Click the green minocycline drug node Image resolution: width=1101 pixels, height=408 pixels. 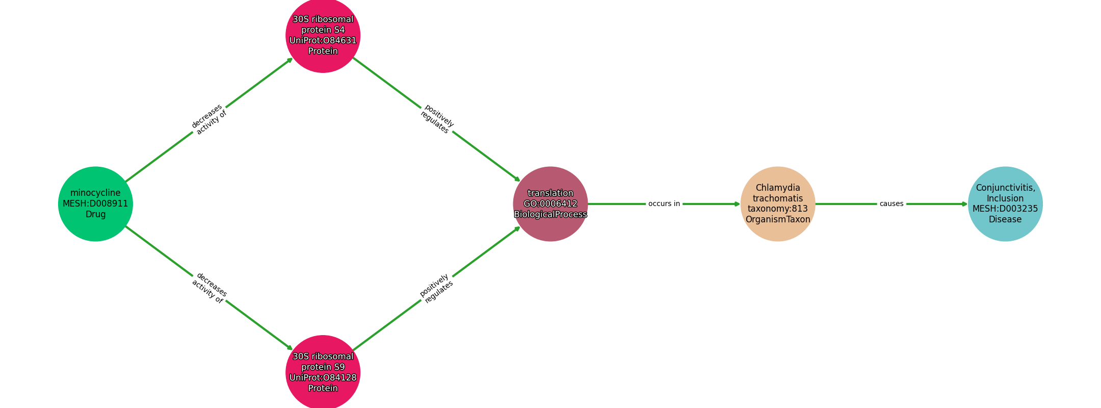click(95, 204)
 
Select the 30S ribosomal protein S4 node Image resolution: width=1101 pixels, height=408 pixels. click(323, 35)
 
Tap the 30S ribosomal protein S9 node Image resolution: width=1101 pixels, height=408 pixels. click(323, 372)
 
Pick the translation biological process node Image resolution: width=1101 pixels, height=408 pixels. click(550, 204)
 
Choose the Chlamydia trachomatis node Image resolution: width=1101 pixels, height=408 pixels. click(778, 204)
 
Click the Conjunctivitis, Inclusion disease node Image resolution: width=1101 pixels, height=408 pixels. click(1005, 204)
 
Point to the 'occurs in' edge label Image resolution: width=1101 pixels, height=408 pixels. click(664, 204)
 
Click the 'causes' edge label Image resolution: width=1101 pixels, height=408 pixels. click(892, 204)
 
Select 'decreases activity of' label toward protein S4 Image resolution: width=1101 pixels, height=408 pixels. click(209, 119)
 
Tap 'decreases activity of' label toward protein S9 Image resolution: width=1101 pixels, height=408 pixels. click(209, 288)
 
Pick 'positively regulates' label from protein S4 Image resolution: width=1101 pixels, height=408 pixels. click(437, 119)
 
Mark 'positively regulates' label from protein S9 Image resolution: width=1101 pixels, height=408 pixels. click(436, 288)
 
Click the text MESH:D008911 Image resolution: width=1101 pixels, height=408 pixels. click(95, 204)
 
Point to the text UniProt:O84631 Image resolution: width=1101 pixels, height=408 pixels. click(323, 41)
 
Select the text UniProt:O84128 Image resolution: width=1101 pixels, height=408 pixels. click(323, 378)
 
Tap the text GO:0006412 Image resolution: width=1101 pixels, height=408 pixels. click(550, 204)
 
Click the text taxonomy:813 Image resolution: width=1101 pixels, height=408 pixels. click(778, 209)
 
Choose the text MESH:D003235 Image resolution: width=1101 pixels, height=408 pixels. click(1005, 209)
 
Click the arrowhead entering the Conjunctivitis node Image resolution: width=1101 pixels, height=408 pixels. click(964, 204)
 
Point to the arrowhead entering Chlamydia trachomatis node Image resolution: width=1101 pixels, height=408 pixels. click(737, 204)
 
